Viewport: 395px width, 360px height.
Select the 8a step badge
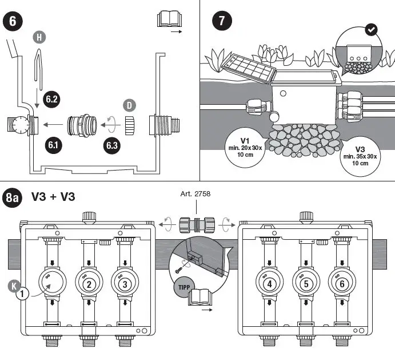(x=13, y=198)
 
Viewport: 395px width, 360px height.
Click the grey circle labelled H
(x=39, y=37)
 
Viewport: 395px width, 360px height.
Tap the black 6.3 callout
(x=111, y=145)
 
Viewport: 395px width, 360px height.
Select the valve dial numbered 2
(x=88, y=284)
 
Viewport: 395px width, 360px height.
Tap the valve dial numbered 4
(x=269, y=284)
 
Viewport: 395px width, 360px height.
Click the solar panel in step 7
(x=249, y=69)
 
